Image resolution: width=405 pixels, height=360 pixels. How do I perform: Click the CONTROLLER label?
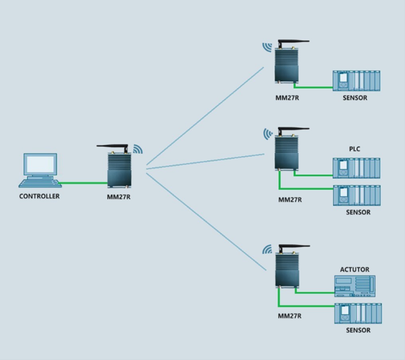click(39, 196)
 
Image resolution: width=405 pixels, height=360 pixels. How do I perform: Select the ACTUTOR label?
click(354, 269)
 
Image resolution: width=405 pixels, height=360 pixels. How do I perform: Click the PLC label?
click(354, 149)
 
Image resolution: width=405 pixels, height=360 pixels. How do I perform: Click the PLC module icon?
click(356, 168)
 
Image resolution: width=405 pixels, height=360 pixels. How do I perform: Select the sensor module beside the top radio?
click(356, 81)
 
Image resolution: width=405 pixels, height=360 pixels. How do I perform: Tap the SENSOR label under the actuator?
click(358, 330)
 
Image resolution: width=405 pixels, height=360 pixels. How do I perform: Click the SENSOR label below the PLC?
click(358, 212)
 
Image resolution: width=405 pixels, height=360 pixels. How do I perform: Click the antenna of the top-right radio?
click(294, 41)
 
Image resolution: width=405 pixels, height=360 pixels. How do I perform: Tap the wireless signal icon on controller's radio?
click(138, 149)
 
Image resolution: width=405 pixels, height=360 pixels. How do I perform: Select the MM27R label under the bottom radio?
click(289, 316)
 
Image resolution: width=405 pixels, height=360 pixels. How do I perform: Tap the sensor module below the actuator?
click(358, 314)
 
